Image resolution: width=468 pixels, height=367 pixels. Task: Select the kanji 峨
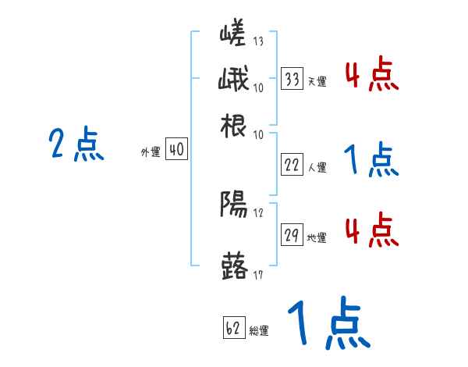[235, 80]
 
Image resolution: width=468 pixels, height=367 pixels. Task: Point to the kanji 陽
[235, 205]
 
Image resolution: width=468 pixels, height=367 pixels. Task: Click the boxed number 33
[292, 79]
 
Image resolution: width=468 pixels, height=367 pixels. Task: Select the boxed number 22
[292, 165]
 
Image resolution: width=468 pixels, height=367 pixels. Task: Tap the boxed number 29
[292, 236]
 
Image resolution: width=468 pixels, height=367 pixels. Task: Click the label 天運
[317, 80]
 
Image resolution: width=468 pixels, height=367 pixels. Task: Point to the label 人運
[317, 166]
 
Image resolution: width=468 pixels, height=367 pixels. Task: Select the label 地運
[317, 237]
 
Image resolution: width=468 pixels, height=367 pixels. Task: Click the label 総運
[259, 330]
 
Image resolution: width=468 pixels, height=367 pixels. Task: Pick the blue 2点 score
[76, 144]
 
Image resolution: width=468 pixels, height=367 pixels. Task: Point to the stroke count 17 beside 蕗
[259, 275]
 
